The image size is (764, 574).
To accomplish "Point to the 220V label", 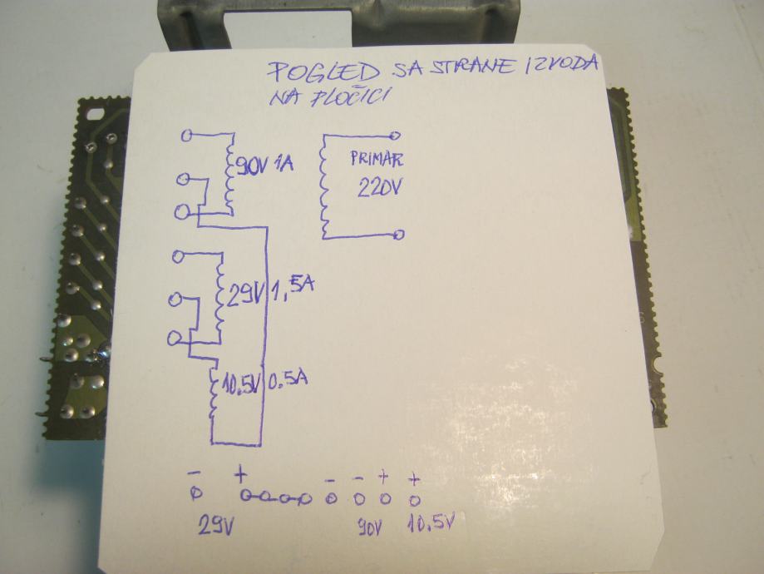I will [378, 187].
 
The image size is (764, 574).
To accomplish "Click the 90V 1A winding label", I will [265, 164].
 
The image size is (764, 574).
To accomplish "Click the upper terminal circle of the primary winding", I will [395, 135].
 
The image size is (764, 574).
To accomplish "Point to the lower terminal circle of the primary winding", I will [400, 235].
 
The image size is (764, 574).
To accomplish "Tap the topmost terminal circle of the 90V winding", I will [187, 134].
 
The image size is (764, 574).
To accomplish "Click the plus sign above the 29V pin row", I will [239, 475].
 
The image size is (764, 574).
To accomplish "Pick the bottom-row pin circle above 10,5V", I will [414, 500].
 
